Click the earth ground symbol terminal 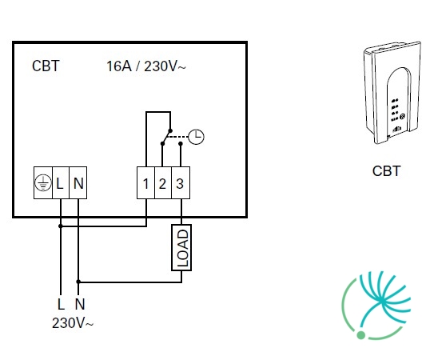pyautogui.click(x=43, y=182)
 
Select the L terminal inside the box pyautogui.click(x=61, y=182)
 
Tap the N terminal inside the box pyautogui.click(x=78, y=182)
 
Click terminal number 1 pyautogui.click(x=146, y=182)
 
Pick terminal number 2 pyautogui.click(x=163, y=182)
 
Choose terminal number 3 pyautogui.click(x=181, y=182)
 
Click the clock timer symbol pyautogui.click(x=196, y=137)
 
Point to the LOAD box pyautogui.click(x=181, y=248)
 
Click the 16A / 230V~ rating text pyautogui.click(x=146, y=66)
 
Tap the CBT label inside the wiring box pyautogui.click(x=46, y=66)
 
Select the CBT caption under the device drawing pyautogui.click(x=387, y=171)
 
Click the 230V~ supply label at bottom pyautogui.click(x=73, y=323)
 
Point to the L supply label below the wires pyautogui.click(x=62, y=304)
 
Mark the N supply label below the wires pyautogui.click(x=80, y=304)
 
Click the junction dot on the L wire pyautogui.click(x=61, y=226)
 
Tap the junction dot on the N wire pyautogui.click(x=78, y=282)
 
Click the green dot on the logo pyautogui.click(x=361, y=335)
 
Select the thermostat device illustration pyautogui.click(x=392, y=93)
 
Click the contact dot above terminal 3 pyautogui.click(x=181, y=143)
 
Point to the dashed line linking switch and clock pyautogui.click(x=178, y=137)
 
